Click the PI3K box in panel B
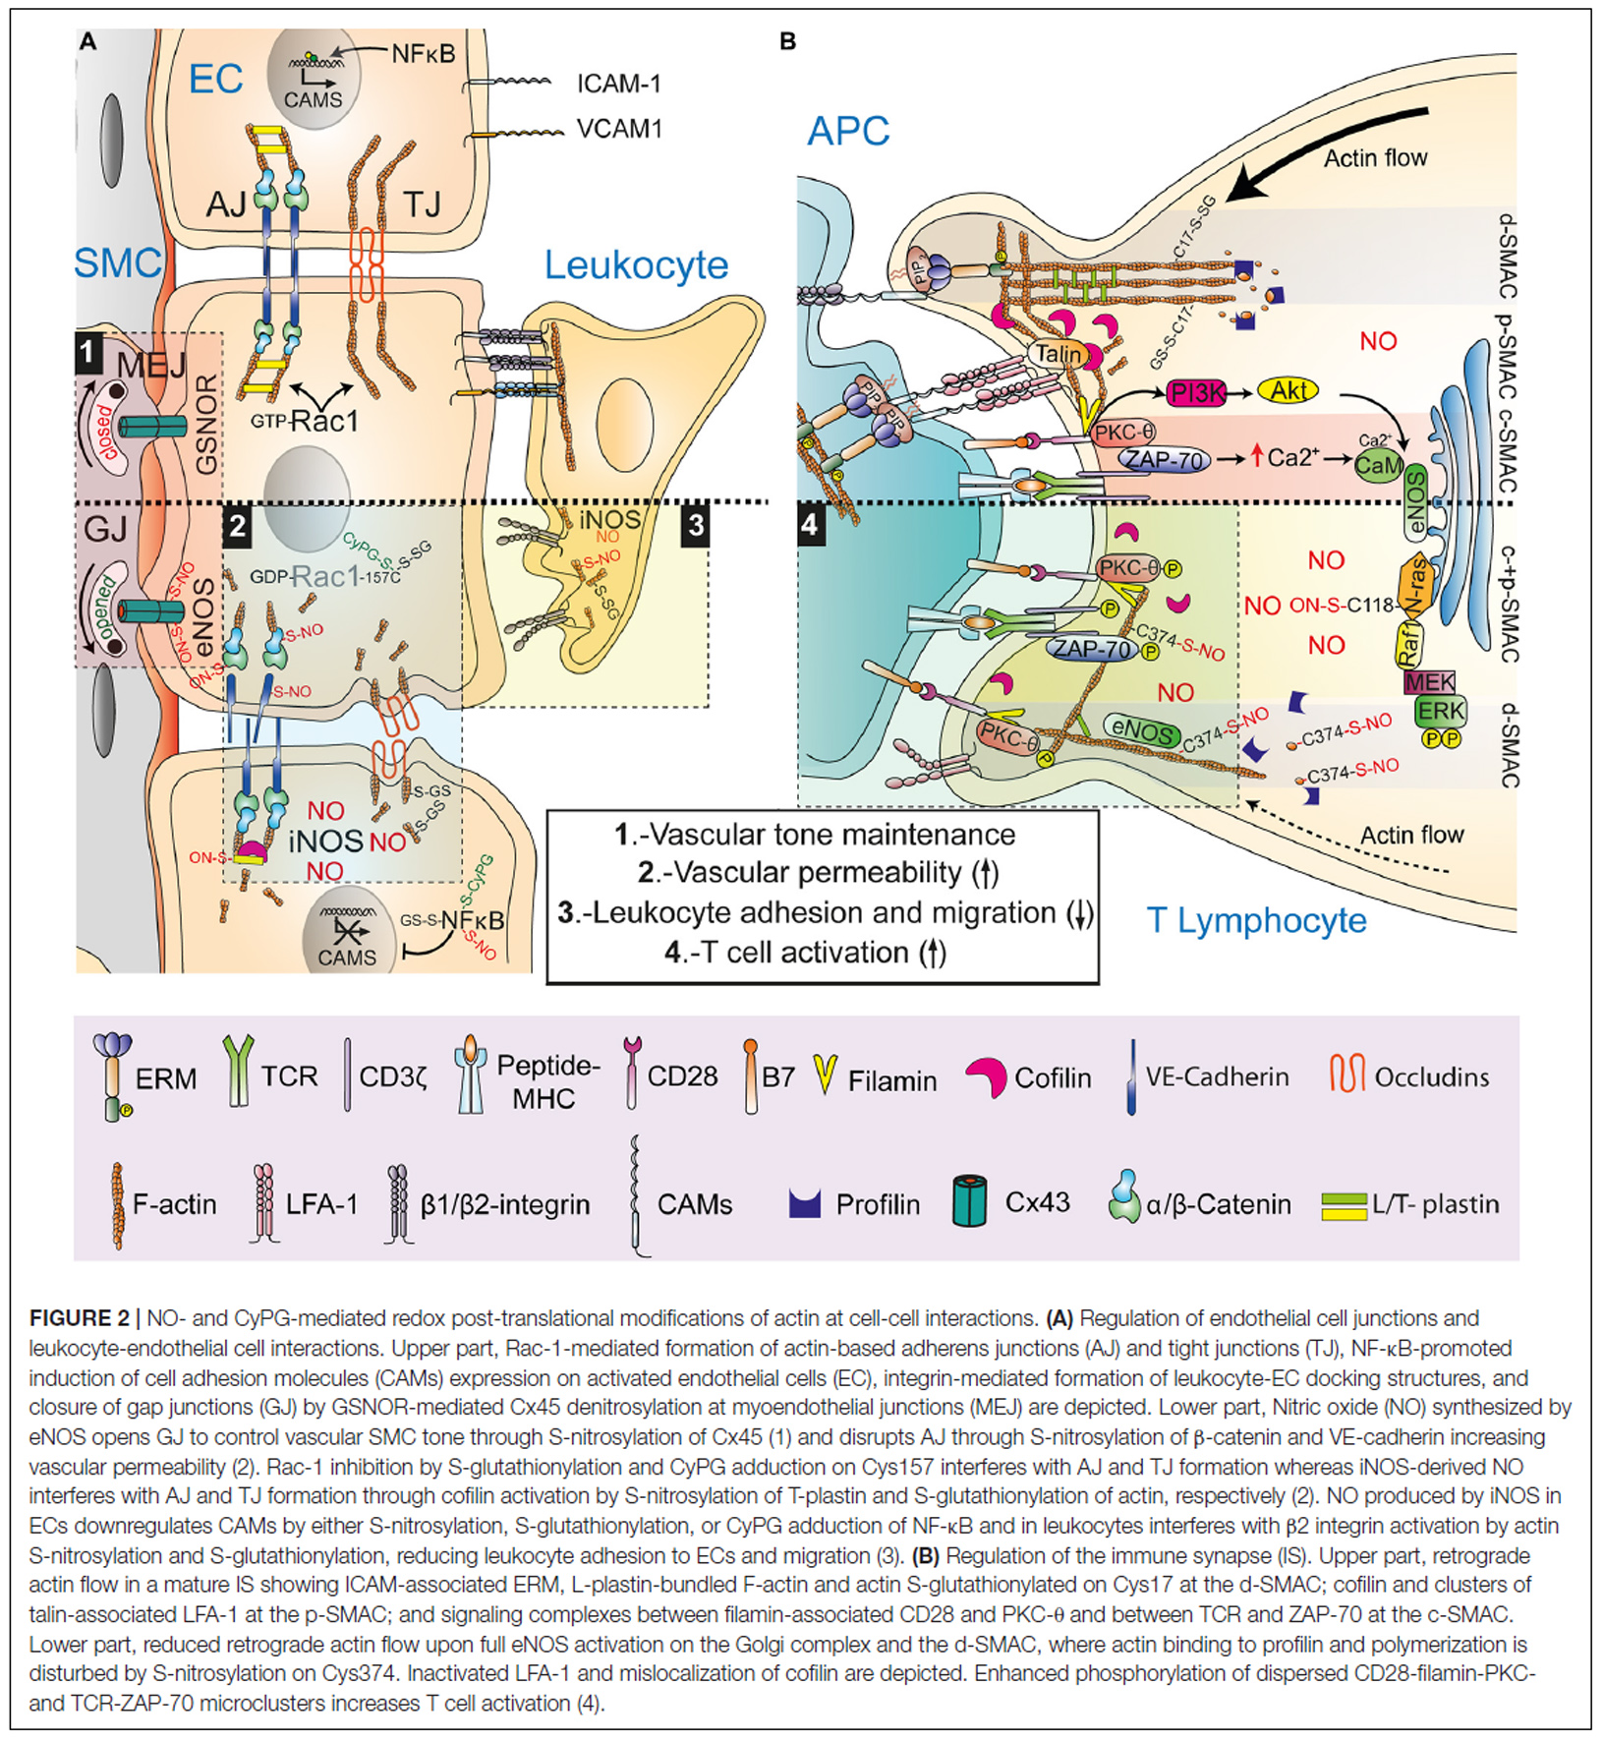tap(1196, 393)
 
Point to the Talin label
tap(1058, 354)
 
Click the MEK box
tap(1429, 681)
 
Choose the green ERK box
tap(1440, 711)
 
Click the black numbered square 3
tap(696, 525)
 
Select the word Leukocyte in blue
tap(636, 265)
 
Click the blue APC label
tap(848, 131)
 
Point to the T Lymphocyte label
tap(1256, 921)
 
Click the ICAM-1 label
tap(618, 85)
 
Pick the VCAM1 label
tap(619, 129)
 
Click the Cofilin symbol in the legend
tap(985, 1078)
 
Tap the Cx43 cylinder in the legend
tap(969, 1201)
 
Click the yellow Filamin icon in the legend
tap(826, 1074)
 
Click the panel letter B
tap(786, 42)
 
